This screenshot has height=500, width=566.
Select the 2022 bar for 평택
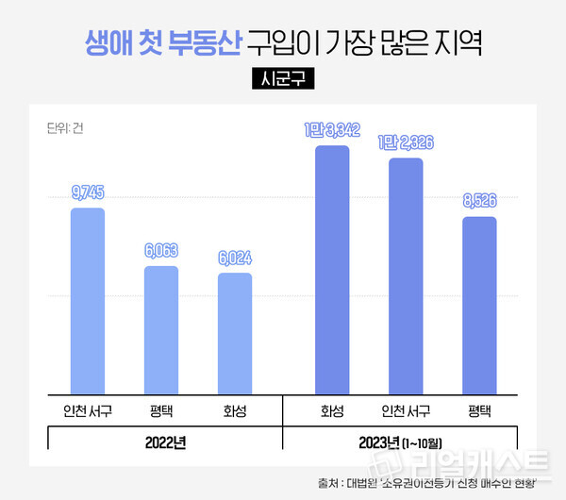pos(161,331)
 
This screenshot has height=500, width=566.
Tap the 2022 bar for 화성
pos(235,334)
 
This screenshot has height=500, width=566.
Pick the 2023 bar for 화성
pos(332,271)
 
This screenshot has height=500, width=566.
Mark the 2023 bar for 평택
pos(479,307)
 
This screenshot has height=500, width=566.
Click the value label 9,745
pos(88,192)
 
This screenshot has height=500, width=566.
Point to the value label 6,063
pos(161,251)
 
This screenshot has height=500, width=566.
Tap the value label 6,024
pos(235,258)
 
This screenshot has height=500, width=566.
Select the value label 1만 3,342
pos(332,130)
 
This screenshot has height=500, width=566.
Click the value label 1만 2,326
pos(406,142)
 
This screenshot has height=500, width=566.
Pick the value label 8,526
pos(479,201)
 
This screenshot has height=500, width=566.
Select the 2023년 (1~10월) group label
pos(406,441)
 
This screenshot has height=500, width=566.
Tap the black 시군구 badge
pos(282,79)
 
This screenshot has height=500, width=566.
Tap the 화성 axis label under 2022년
pos(235,410)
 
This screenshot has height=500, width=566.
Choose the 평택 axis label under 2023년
pos(479,410)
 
